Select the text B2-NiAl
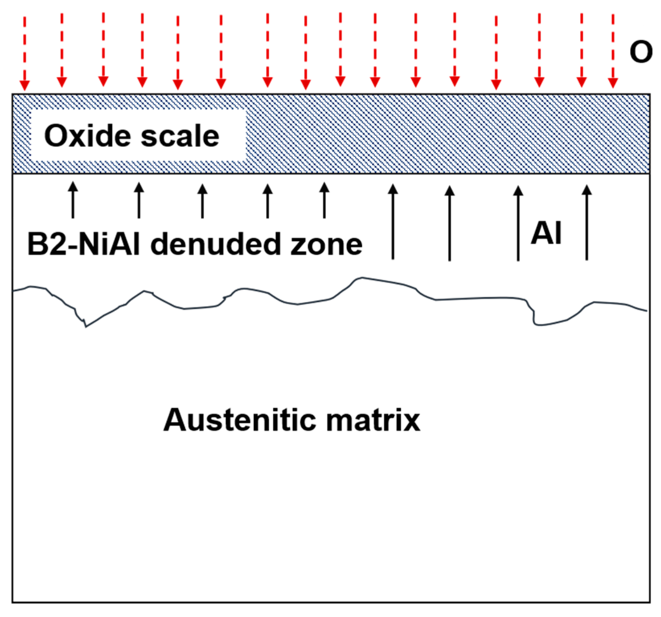(83, 244)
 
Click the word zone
(326, 244)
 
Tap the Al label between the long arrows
(546, 233)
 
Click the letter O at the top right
(640, 52)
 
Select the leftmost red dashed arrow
(24, 53)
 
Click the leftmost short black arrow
(73, 200)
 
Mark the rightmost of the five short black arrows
(324, 200)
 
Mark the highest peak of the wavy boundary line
(362, 278)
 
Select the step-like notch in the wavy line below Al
(534, 316)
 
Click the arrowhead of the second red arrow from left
(62, 82)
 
